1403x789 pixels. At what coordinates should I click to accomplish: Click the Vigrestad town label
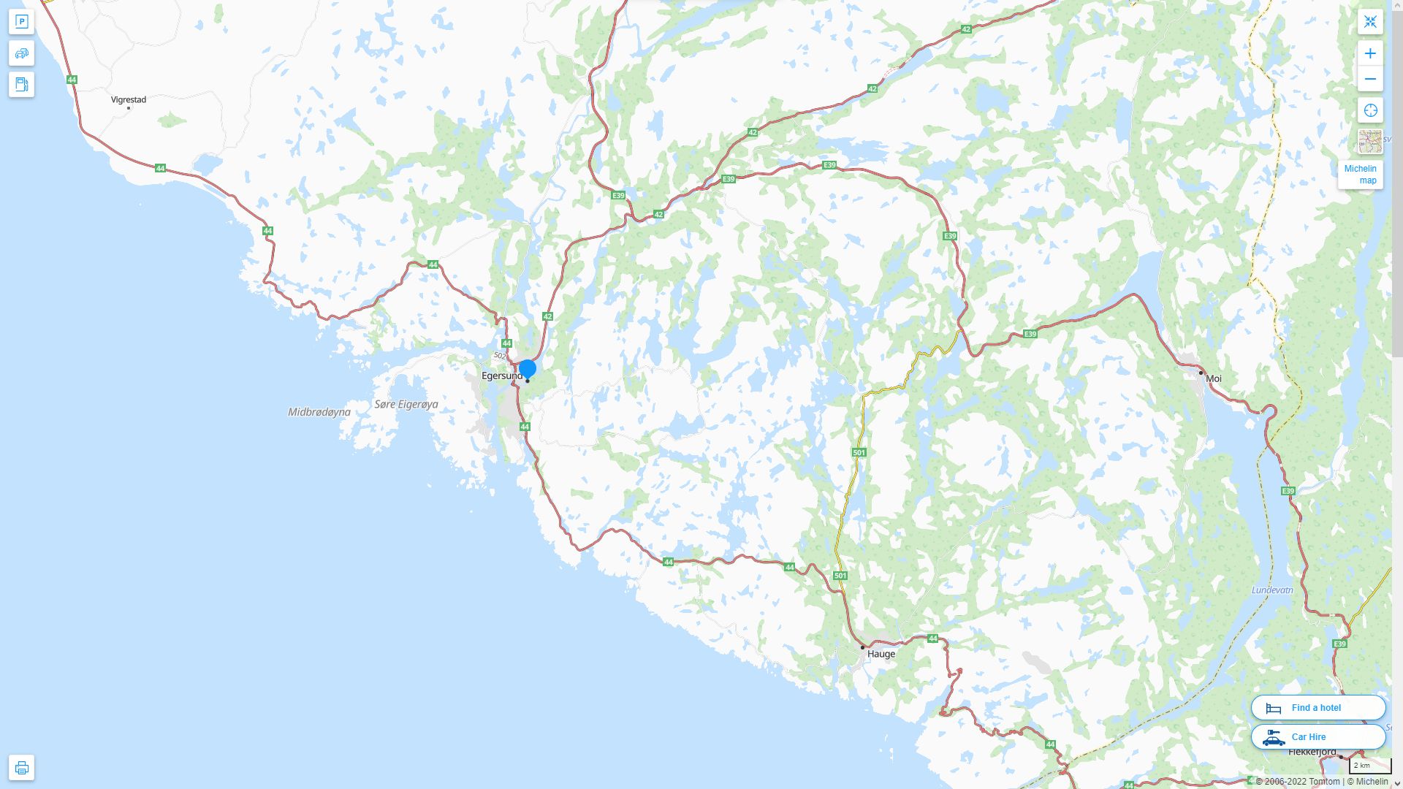[x=129, y=99]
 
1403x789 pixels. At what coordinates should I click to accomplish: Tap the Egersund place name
[x=502, y=376]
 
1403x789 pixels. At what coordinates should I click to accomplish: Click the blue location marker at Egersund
[x=527, y=369]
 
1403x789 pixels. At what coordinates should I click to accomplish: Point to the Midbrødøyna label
[x=319, y=412]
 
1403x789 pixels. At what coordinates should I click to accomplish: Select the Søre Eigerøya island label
[x=406, y=404]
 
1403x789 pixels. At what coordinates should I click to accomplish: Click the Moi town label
[x=1213, y=378]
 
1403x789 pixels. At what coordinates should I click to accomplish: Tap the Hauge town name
[x=881, y=654]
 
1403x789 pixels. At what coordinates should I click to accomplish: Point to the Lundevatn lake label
[x=1272, y=590]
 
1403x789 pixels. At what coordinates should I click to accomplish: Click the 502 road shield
[x=500, y=356]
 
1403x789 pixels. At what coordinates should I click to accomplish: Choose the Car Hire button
[x=1318, y=737]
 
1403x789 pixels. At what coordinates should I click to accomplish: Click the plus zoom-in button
[x=1370, y=53]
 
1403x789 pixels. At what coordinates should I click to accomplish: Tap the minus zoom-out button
[x=1370, y=79]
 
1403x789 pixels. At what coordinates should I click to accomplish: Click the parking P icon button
[x=21, y=22]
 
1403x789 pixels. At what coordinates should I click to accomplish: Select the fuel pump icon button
[x=21, y=85]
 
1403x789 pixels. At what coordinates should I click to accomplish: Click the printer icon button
[x=21, y=768]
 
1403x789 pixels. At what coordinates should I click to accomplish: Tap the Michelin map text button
[x=1360, y=175]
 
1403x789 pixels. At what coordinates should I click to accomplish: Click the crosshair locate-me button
[x=1370, y=110]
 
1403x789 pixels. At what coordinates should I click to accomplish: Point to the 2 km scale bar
[x=1369, y=766]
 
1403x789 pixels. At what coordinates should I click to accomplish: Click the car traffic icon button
[x=21, y=53]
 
